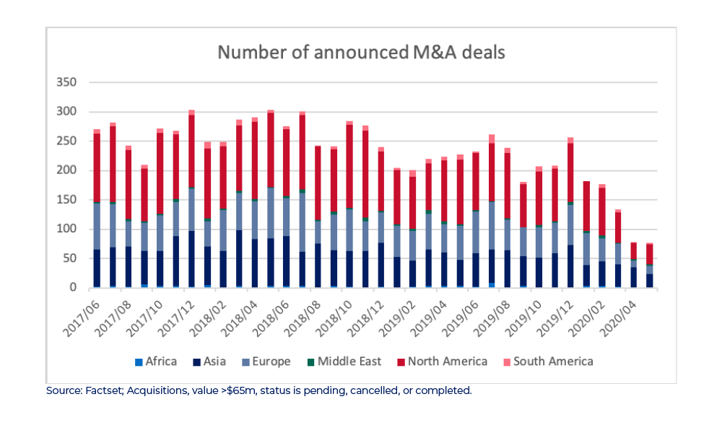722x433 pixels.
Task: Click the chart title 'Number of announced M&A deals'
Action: [361, 53]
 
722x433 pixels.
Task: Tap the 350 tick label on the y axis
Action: [66, 82]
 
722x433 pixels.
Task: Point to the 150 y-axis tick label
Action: [66, 200]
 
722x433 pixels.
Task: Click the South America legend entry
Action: [552, 362]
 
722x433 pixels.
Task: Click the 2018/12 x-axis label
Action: [362, 315]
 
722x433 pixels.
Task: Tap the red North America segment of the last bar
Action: [649, 255]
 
